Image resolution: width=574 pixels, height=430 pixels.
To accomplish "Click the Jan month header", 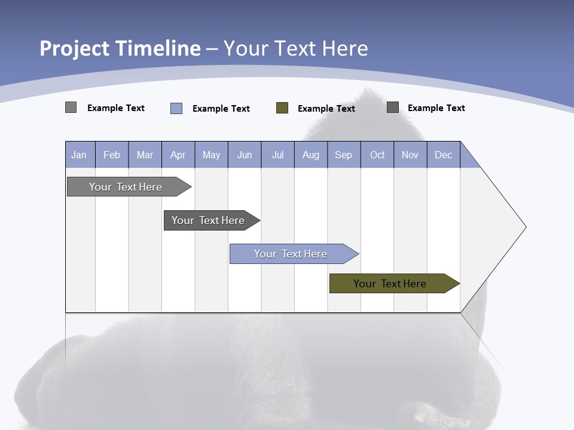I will [80, 155].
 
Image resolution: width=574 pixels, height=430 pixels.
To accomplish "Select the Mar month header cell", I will [145, 155].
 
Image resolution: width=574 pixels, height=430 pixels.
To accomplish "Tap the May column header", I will [211, 155].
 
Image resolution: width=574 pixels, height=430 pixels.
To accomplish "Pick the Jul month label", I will [277, 155].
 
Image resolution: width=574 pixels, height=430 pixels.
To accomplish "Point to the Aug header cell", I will [310, 155].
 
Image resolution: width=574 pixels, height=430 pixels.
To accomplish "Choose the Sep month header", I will [343, 155].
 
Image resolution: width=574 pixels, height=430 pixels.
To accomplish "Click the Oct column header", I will [377, 155].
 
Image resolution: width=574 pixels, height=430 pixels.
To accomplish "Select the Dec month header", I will [443, 155].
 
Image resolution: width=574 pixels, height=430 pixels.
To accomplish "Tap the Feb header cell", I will [112, 155].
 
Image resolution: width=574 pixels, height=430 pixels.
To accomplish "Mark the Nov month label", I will [410, 155].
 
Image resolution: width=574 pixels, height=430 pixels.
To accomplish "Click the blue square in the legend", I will [176, 108].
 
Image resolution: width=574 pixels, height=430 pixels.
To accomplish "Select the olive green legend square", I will [282, 108].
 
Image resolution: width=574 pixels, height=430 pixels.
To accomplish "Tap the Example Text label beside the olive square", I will [326, 109].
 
